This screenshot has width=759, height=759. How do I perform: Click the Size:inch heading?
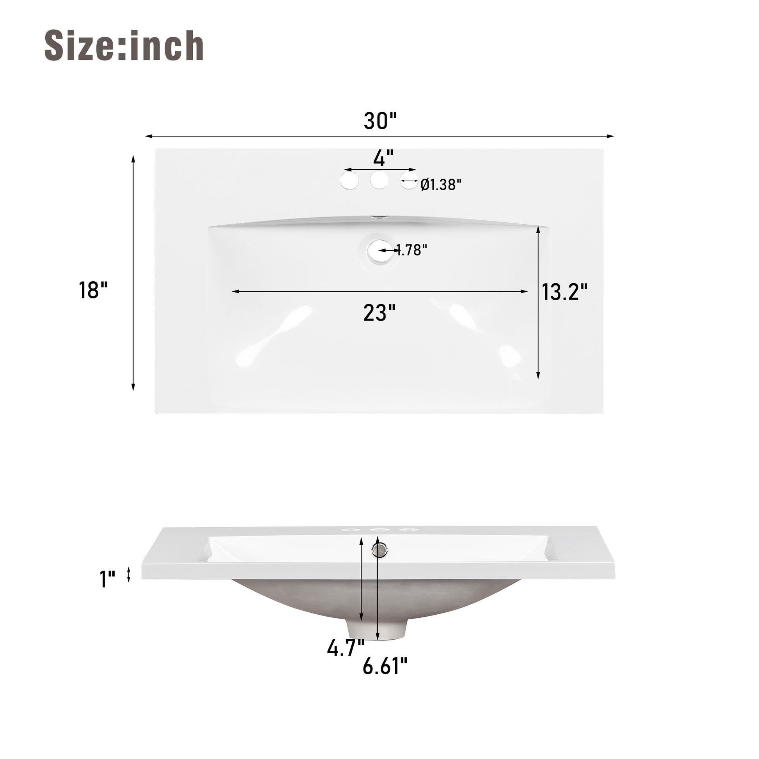tap(124, 46)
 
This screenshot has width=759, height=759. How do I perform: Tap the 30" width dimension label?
tap(380, 121)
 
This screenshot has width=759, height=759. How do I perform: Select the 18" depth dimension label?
tap(93, 290)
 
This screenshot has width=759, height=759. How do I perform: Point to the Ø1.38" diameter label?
tap(441, 184)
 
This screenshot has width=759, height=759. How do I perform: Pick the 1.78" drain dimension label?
tap(411, 250)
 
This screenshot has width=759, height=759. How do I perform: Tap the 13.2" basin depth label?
tap(564, 292)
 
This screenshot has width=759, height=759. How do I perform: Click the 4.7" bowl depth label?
tap(346, 647)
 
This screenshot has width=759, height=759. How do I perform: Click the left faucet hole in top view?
tap(349, 181)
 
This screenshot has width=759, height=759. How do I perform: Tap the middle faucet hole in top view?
tap(379, 180)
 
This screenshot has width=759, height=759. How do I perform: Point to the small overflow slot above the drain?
tap(379, 217)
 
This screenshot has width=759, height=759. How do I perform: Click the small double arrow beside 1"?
tap(128, 575)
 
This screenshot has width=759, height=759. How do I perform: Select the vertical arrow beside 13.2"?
tap(538, 305)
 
